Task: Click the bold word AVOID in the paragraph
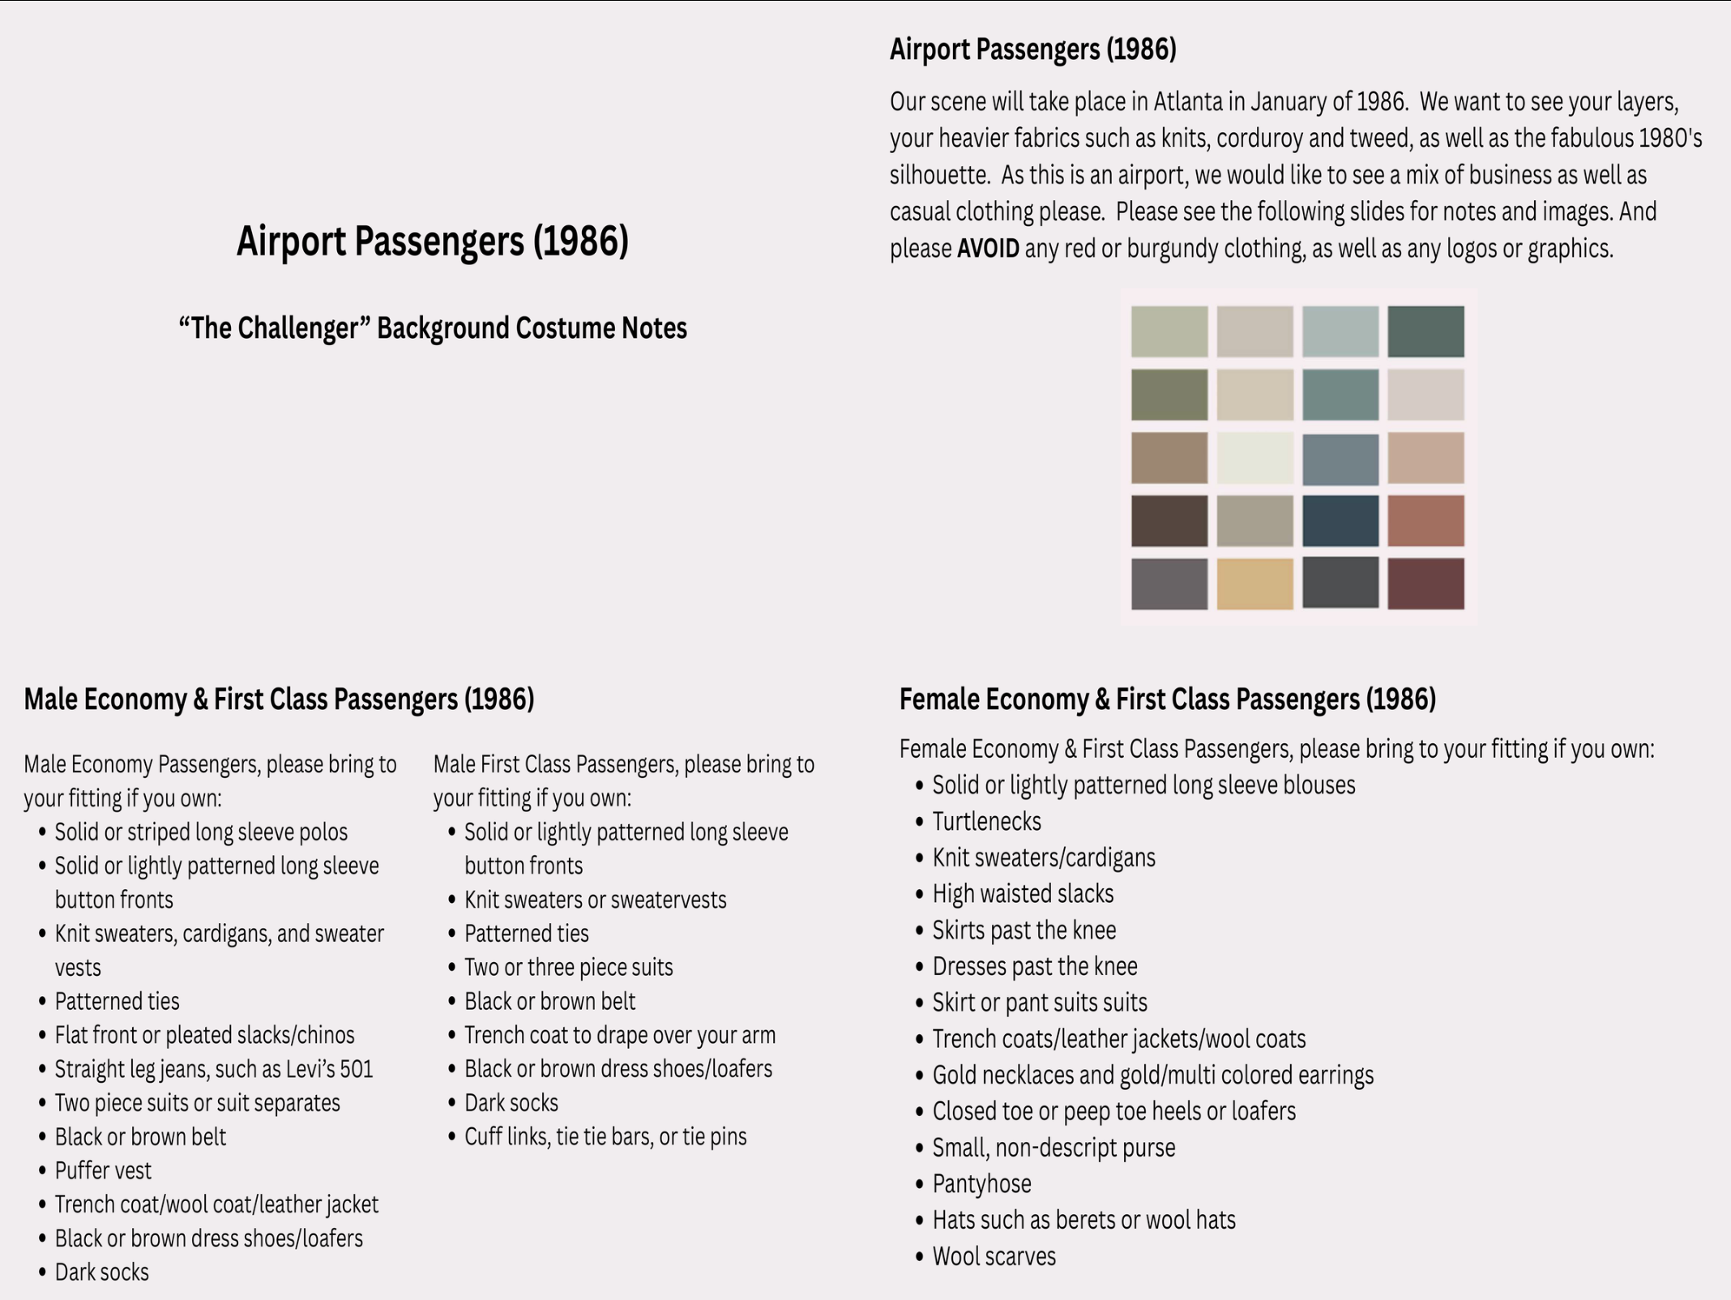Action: (988, 248)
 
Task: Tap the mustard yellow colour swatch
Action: (1254, 584)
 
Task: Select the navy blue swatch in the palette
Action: (1340, 520)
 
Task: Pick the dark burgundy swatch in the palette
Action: (1425, 584)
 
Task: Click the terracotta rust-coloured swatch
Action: (1425, 520)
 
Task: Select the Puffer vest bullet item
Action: (103, 1170)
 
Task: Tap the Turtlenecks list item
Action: (987, 821)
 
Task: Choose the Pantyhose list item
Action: (982, 1184)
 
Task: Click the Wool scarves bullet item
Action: (994, 1256)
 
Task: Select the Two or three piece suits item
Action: (569, 967)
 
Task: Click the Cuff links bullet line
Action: (605, 1136)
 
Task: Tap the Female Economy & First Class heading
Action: (1168, 699)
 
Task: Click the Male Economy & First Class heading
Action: (279, 699)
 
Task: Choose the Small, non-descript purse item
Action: (1054, 1148)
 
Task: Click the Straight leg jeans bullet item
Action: (214, 1069)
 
